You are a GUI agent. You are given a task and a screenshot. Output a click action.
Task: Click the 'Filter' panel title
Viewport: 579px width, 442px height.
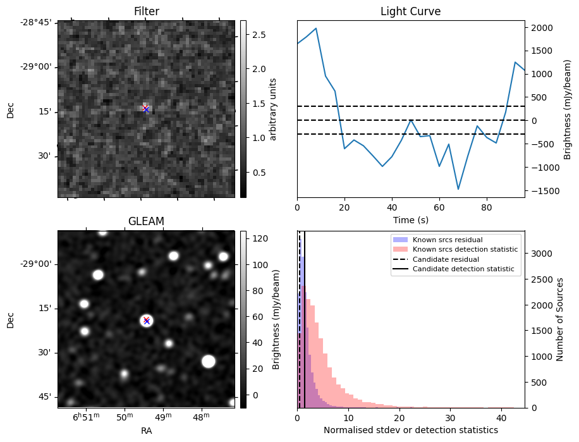coord(146,11)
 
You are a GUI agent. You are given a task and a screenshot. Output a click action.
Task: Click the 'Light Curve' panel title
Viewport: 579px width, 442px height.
coord(410,11)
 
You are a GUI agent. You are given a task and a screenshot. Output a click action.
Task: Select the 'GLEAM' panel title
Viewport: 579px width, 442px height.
coord(146,221)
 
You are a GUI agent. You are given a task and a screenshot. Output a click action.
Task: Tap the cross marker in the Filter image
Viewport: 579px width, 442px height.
coord(146,109)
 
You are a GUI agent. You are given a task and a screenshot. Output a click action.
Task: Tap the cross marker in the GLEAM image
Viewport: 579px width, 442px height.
coord(147,321)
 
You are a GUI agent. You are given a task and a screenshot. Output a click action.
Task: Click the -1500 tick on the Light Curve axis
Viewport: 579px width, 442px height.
coord(541,191)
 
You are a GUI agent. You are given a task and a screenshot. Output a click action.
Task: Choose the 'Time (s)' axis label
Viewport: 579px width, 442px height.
coord(410,219)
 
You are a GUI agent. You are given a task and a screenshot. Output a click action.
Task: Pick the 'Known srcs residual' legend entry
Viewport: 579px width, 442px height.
coord(448,240)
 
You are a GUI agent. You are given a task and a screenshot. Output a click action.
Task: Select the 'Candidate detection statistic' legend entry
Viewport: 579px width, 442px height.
coord(463,269)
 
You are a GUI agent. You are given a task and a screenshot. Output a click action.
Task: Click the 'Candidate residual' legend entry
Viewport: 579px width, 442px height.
coord(445,260)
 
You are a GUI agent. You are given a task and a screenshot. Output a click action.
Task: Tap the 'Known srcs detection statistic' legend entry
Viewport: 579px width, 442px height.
coord(465,250)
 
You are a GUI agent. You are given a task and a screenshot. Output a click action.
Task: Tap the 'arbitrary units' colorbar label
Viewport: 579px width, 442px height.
coord(274,109)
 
